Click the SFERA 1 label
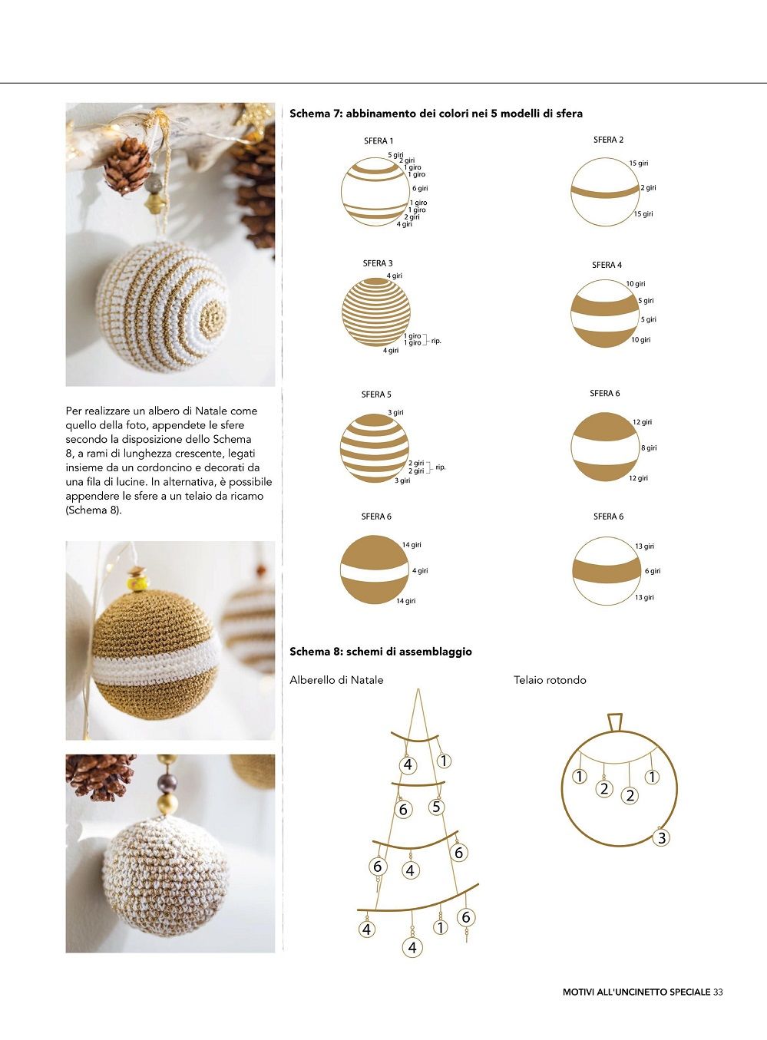[379, 141]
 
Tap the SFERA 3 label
[378, 264]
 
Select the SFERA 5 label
[376, 395]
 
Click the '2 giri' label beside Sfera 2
[649, 188]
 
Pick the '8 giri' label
[649, 448]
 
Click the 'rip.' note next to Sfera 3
[436, 341]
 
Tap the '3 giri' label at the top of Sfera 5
[396, 412]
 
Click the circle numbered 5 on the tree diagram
[436, 807]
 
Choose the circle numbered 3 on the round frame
[662, 838]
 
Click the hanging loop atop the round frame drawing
[615, 722]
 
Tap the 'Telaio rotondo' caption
[550, 680]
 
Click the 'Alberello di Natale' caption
[336, 680]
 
